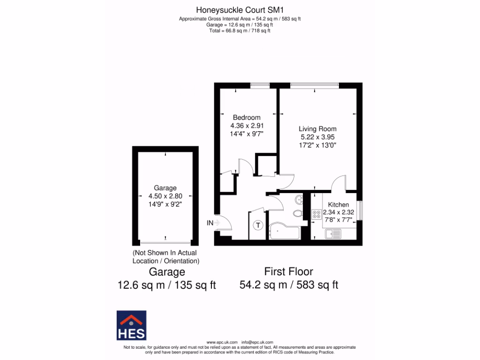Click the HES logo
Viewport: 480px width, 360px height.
click(131, 325)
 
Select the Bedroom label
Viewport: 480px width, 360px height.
click(247, 117)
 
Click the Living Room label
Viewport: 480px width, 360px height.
click(318, 129)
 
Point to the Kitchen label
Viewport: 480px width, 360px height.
click(338, 205)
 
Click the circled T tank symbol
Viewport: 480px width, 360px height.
click(258, 225)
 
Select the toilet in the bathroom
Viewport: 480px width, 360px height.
click(298, 213)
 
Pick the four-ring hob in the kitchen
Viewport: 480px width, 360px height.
click(316, 215)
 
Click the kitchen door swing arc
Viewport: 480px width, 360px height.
click(339, 182)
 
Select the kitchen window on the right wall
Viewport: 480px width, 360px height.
click(360, 208)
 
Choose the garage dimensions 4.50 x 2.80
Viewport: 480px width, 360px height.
click(165, 196)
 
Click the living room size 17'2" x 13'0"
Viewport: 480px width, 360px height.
click(318, 145)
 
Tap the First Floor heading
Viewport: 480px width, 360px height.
click(288, 271)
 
